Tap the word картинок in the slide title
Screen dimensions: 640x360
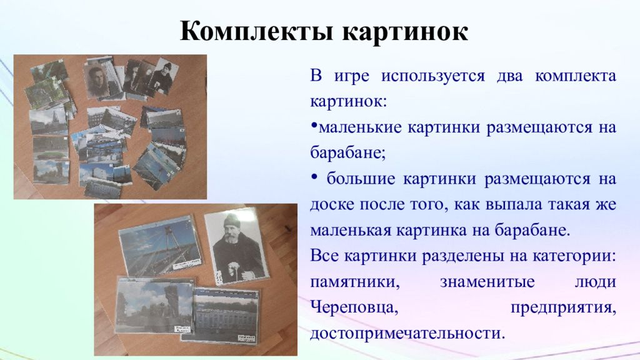[405, 32]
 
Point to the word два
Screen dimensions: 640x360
[509, 76]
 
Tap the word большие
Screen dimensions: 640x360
[361, 179]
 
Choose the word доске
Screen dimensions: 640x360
[331, 204]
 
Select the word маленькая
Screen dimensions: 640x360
[350, 230]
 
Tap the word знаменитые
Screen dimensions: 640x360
[487, 282]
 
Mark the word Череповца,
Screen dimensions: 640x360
[354, 307]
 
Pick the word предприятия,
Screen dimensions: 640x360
[563, 307]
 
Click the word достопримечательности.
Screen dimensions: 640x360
[407, 334]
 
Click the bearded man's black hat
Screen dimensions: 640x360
[232, 221]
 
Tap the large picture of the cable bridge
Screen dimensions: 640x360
[160, 246]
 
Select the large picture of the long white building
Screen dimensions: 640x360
[225, 315]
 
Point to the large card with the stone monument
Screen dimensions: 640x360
[154, 305]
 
